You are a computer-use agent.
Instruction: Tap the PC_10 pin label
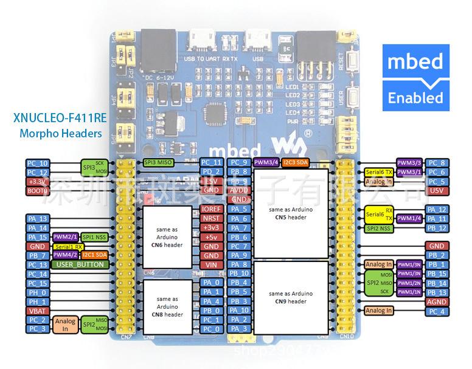pos(37,163)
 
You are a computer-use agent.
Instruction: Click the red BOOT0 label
pos(37,191)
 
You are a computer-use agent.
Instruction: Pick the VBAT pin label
pos(37,311)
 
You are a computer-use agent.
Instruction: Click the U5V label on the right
pos(437,190)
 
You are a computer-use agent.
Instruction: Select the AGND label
pos(437,302)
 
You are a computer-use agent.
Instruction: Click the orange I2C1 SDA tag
pos(95,255)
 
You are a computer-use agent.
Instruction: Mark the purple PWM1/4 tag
pos(409,218)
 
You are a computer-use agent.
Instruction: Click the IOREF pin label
pos(211,209)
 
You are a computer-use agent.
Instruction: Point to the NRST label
pos(211,218)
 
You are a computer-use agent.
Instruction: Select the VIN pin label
pos(211,265)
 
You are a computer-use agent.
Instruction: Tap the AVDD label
pos(239,190)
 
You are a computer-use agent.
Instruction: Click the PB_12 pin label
pos(437,228)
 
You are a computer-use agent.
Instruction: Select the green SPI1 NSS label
pos(95,236)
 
